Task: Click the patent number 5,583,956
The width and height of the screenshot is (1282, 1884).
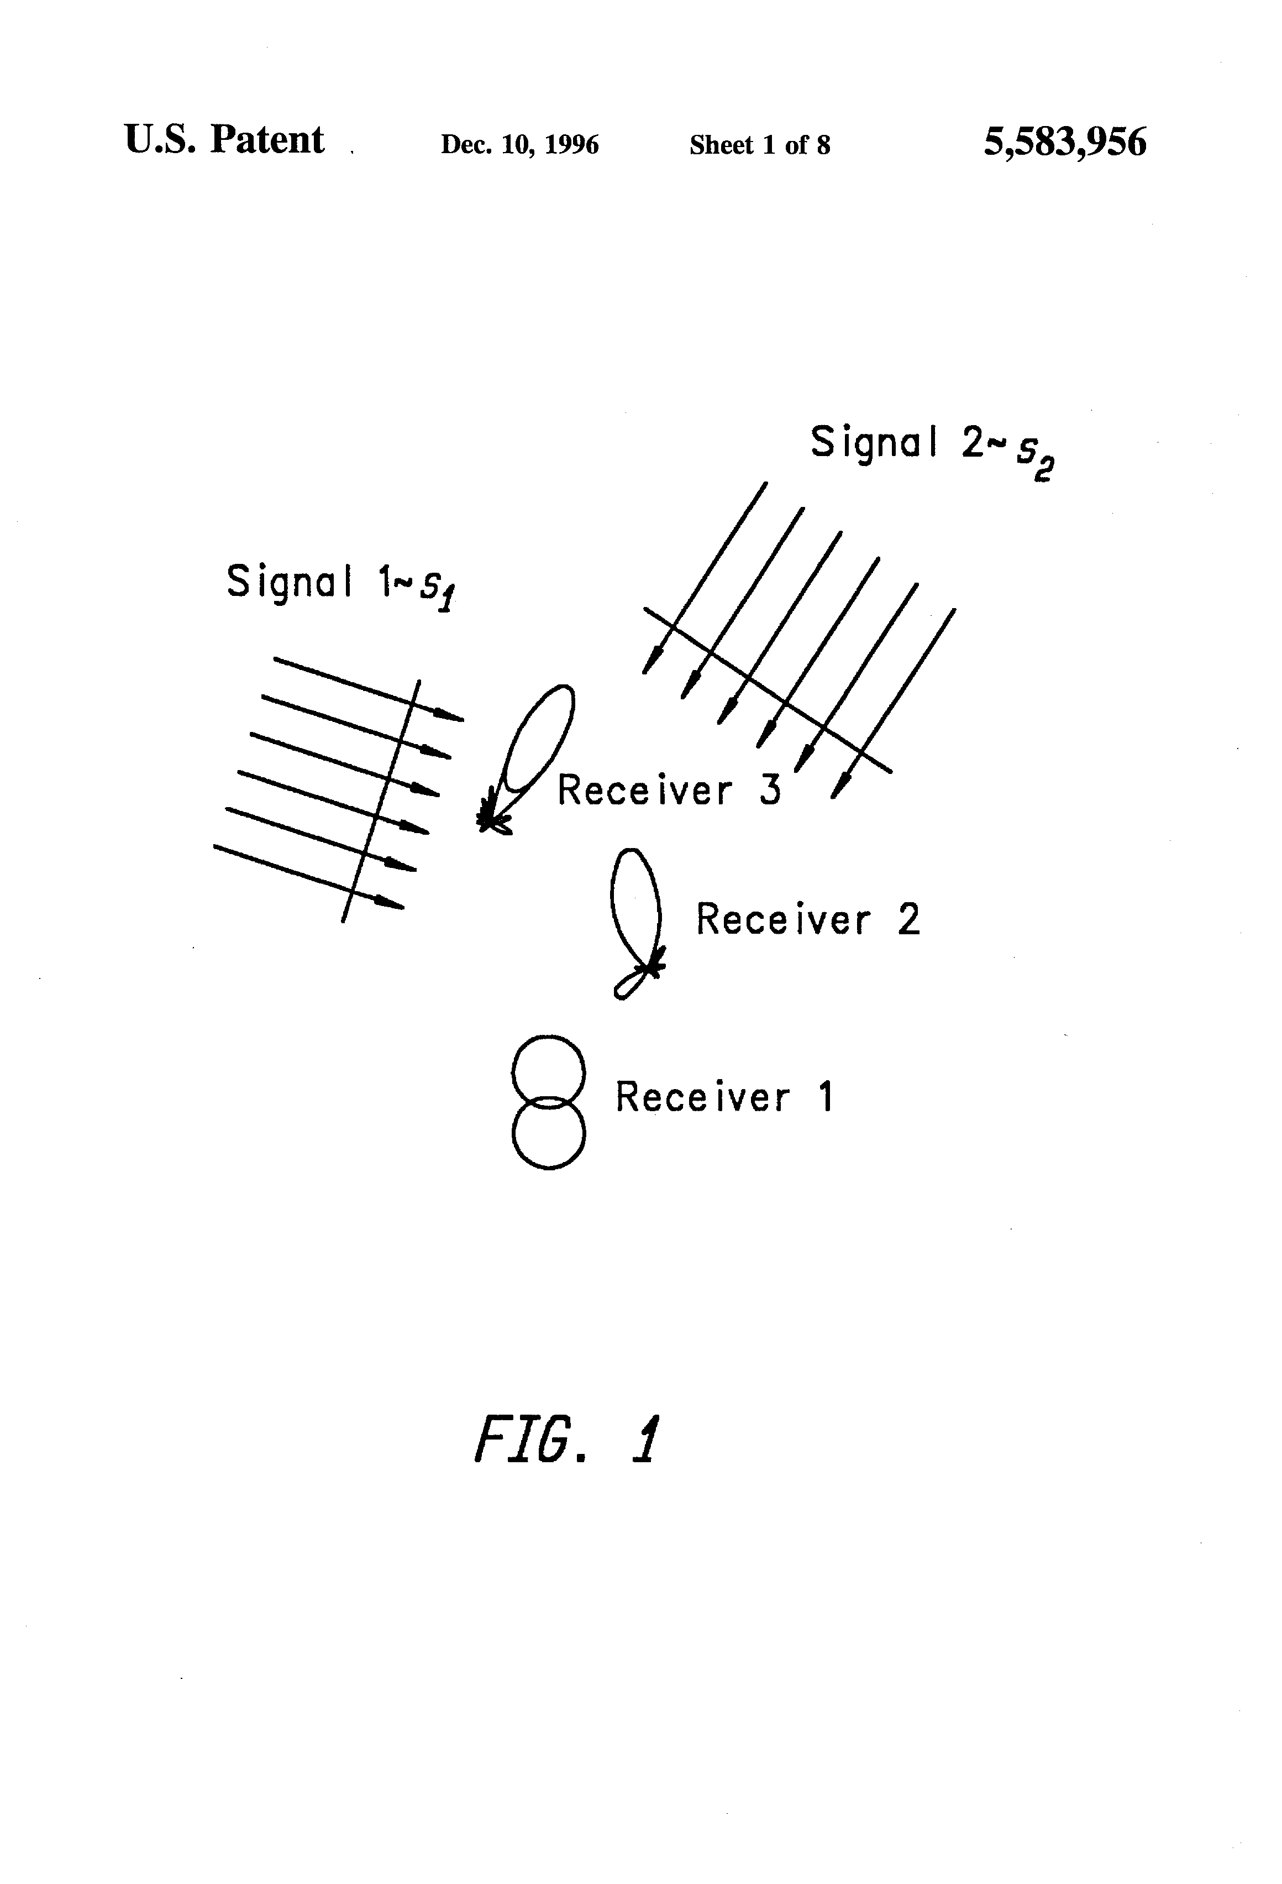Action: click(x=1064, y=142)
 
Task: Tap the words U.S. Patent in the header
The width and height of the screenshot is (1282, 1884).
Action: click(x=224, y=140)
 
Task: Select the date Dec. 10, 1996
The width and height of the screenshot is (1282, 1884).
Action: click(x=519, y=144)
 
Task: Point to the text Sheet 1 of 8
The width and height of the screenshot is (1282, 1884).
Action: click(x=759, y=144)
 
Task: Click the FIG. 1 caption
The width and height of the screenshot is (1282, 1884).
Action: click(x=566, y=1439)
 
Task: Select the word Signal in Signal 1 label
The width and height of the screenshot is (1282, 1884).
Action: click(x=288, y=582)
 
